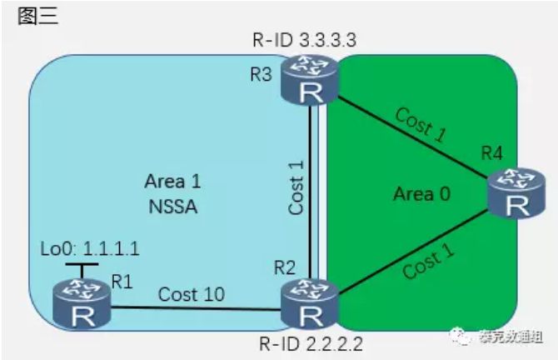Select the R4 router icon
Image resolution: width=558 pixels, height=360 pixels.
point(511,192)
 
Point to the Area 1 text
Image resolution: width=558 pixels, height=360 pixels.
point(173,181)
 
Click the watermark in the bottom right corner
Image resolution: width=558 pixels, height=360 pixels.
point(496,337)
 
